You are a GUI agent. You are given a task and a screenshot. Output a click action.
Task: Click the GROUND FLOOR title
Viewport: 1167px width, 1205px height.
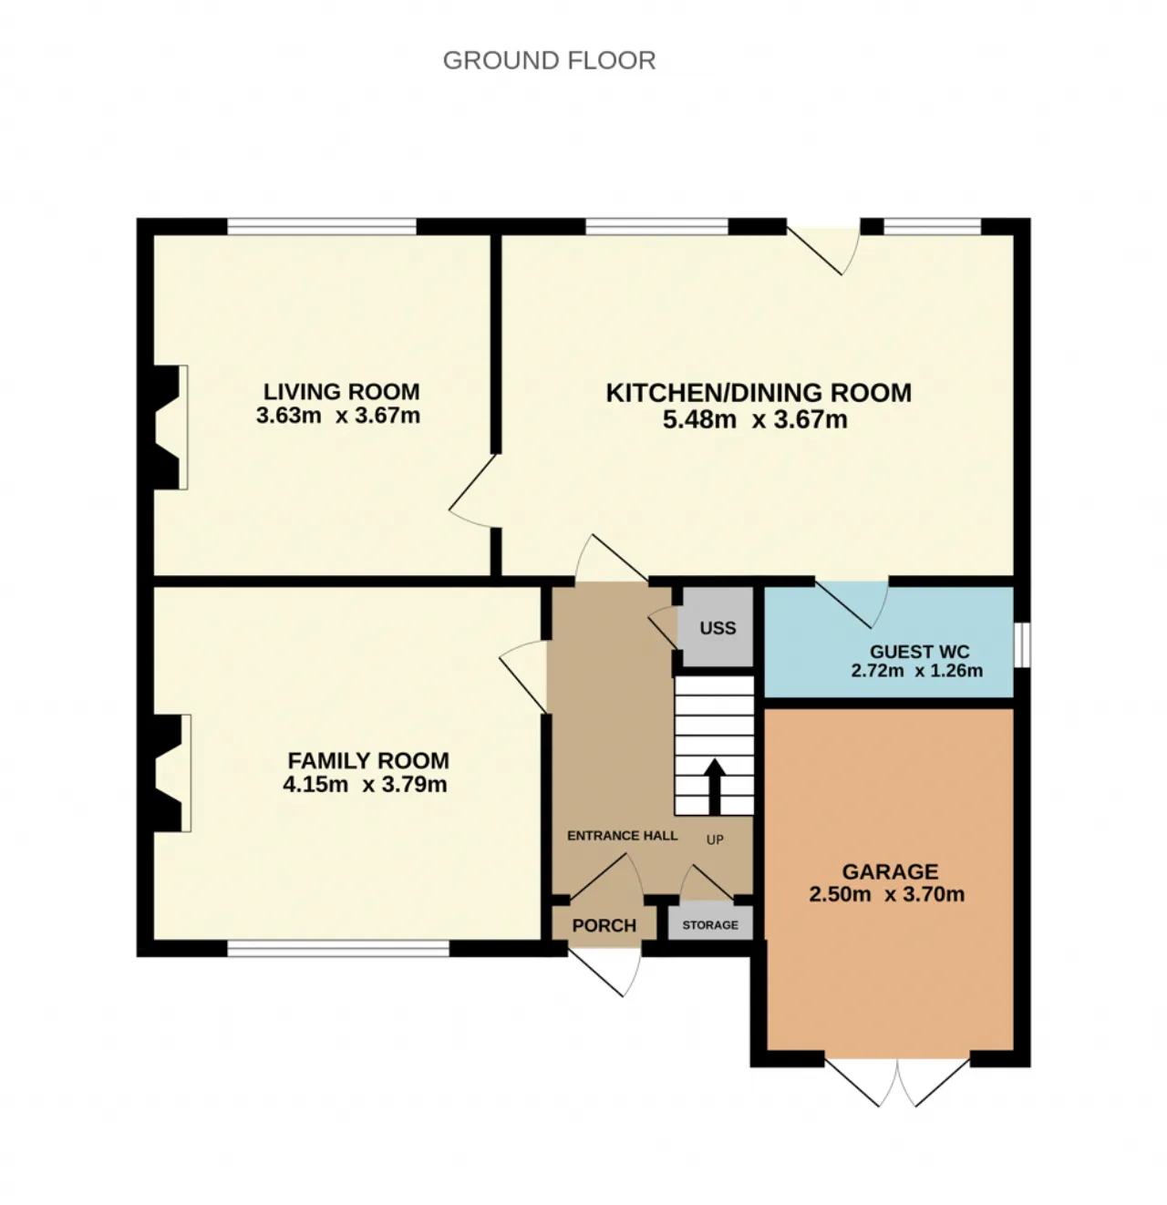[549, 61]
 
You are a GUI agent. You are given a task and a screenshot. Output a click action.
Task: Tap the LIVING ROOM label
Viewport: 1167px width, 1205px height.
[341, 391]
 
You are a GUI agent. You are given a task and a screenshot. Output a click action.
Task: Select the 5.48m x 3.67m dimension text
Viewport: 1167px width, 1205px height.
[755, 419]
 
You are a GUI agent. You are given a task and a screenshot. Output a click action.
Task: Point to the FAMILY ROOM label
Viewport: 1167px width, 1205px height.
[368, 760]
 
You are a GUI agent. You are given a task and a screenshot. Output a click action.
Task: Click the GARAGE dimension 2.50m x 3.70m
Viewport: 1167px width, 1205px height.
[886, 894]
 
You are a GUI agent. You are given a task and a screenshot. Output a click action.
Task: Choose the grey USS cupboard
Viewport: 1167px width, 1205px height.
[718, 626]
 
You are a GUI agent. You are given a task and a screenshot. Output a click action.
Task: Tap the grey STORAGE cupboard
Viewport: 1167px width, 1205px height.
[710, 924]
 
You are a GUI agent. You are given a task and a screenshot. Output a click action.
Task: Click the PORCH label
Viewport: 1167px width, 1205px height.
[604, 925]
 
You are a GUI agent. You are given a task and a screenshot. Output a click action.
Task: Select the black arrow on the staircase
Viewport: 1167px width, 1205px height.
[714, 787]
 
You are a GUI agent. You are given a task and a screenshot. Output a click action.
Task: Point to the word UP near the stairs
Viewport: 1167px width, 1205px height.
[715, 839]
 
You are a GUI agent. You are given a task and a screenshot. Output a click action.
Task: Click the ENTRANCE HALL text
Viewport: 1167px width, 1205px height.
[622, 835]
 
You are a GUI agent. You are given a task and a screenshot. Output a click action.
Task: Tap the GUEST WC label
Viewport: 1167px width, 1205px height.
[919, 652]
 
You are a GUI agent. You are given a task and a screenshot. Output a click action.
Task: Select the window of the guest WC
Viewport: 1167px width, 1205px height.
[1022, 644]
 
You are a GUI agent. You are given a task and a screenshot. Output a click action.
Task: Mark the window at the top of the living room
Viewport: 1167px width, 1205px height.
[322, 226]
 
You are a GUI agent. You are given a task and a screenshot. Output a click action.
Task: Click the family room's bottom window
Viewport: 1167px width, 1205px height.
[338, 948]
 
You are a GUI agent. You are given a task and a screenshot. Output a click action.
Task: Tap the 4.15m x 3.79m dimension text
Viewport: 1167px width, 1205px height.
[365, 784]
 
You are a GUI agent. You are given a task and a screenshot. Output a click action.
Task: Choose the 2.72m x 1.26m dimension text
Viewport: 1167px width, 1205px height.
[917, 670]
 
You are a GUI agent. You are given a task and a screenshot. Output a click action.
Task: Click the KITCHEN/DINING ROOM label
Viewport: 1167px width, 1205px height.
[759, 393]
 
